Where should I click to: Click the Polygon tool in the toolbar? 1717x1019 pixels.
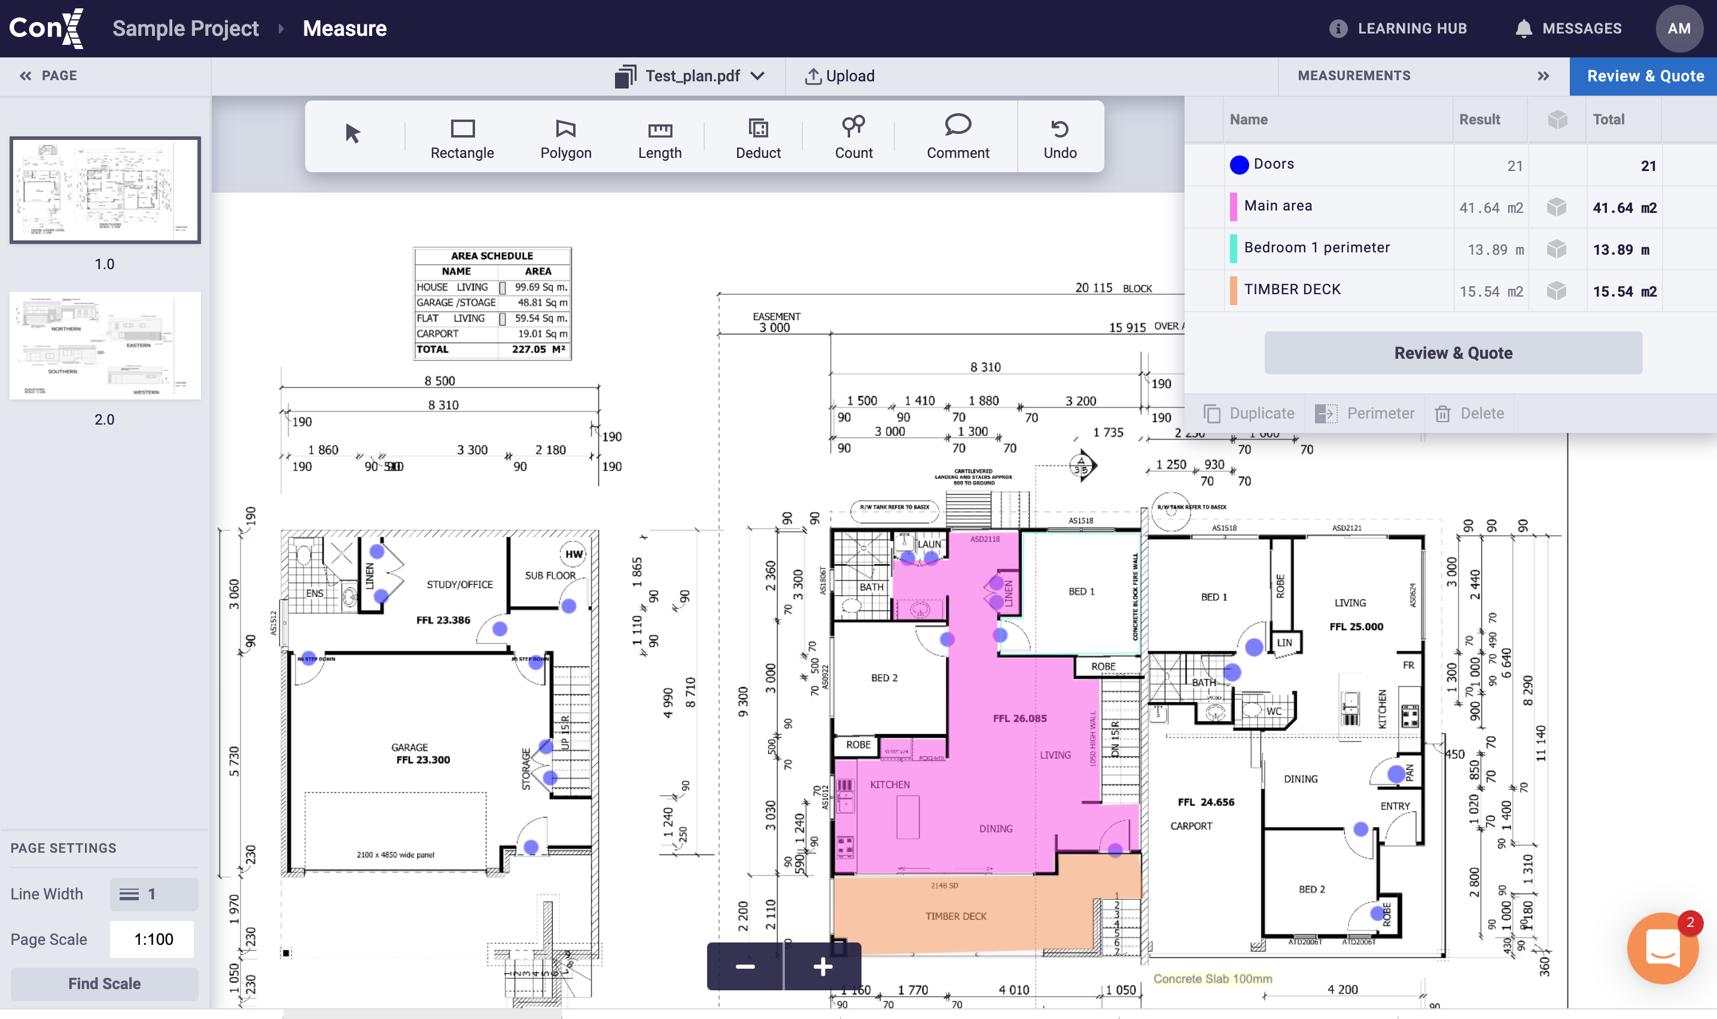(565, 138)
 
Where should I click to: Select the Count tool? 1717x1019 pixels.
(853, 138)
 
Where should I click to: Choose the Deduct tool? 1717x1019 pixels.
(757, 138)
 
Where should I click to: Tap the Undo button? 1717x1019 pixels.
(1059, 138)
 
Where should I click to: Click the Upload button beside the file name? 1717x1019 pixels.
(839, 76)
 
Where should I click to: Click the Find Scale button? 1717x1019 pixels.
(104, 983)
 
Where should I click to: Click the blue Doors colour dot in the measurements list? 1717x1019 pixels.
(1239, 165)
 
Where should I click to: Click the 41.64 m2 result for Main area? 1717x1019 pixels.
(1490, 208)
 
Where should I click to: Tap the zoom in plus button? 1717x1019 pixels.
(823, 967)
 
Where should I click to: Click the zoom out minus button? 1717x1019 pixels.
(745, 967)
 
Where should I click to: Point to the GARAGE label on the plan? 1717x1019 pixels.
(409, 747)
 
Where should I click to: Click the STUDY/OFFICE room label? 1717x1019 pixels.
(459, 584)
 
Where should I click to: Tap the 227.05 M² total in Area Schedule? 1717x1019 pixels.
(538, 349)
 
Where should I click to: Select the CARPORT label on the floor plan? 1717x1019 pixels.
(1191, 826)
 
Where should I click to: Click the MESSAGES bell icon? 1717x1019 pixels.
(1523, 29)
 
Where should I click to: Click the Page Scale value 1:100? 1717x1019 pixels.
(153, 939)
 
